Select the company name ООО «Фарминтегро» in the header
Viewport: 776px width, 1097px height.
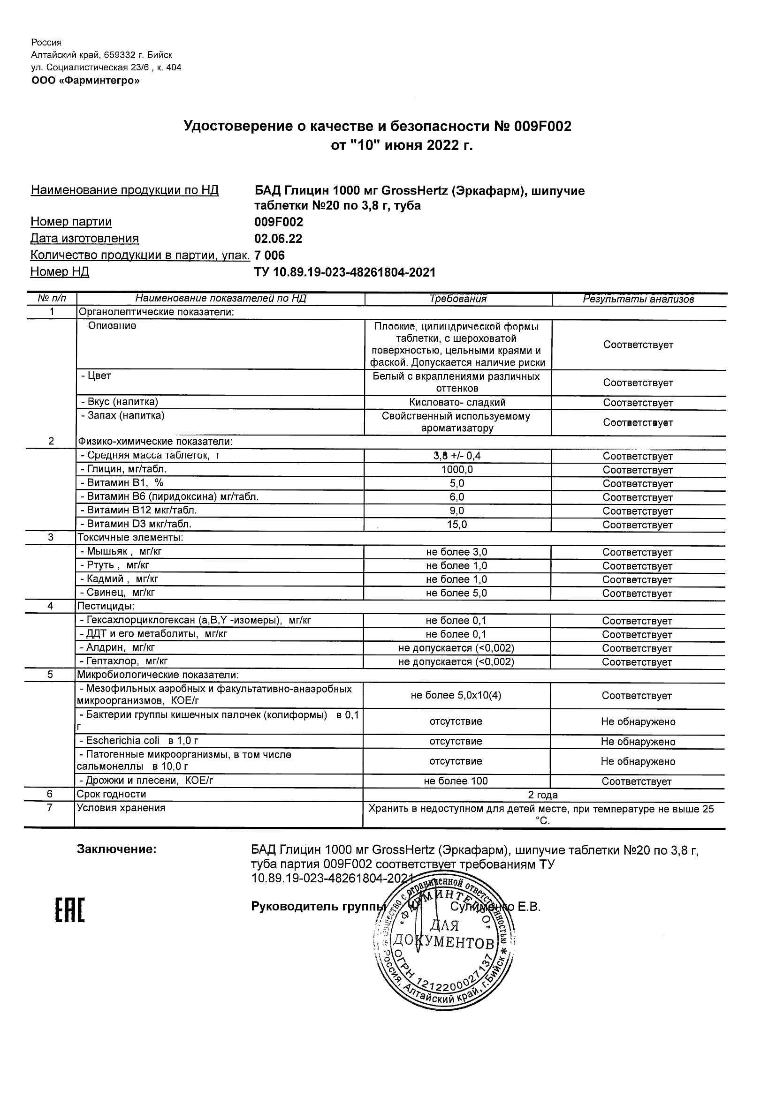pos(85,81)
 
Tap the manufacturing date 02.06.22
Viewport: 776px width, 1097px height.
pos(278,239)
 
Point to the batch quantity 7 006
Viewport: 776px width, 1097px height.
pos(270,255)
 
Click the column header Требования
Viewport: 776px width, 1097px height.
pos(457,299)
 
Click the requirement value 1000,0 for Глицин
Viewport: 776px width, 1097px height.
pos(457,470)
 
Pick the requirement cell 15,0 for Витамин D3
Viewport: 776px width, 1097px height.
pos(457,525)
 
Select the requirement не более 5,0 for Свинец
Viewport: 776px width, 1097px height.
pos(456,593)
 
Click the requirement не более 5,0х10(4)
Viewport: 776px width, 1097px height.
pos(456,695)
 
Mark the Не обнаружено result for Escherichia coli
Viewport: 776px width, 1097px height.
pos(638,742)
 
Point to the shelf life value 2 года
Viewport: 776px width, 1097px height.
pos(543,795)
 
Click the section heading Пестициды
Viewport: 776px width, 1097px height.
pos(106,606)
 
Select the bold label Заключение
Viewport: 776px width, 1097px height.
pos(117,849)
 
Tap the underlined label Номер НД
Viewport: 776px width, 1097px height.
pos(60,272)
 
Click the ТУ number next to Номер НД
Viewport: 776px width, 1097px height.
pos(345,272)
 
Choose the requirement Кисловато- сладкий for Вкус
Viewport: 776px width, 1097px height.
pos(457,402)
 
